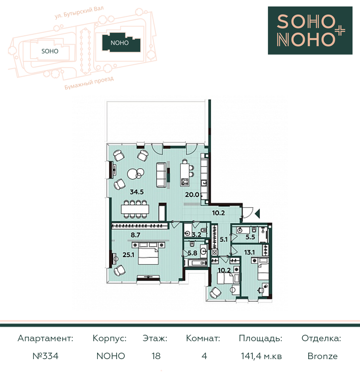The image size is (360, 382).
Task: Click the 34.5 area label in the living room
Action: click(136, 192)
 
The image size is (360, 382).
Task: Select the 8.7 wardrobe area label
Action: click(135, 235)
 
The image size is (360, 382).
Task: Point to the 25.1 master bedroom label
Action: click(128, 255)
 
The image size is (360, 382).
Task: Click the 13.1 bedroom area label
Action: click(249, 252)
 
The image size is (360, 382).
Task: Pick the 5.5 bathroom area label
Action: click(250, 237)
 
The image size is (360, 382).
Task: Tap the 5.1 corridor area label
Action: click(224, 239)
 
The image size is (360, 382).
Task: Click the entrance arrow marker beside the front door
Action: click(257, 214)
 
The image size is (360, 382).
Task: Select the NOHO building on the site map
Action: click(121, 42)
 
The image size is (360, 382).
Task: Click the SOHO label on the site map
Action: click(50, 51)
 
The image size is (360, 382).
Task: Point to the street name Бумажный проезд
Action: click(89, 83)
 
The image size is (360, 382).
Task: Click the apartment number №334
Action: click(45, 356)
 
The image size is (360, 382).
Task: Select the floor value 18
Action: click(156, 356)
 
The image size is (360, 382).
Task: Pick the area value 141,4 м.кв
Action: click(261, 356)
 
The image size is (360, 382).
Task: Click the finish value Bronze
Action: click(323, 356)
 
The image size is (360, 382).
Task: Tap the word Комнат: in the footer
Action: click(203, 338)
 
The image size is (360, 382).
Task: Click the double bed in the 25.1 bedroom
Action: click(148, 253)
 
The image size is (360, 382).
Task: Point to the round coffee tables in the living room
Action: click(135, 174)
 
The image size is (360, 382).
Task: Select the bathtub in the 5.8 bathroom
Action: click(196, 263)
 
